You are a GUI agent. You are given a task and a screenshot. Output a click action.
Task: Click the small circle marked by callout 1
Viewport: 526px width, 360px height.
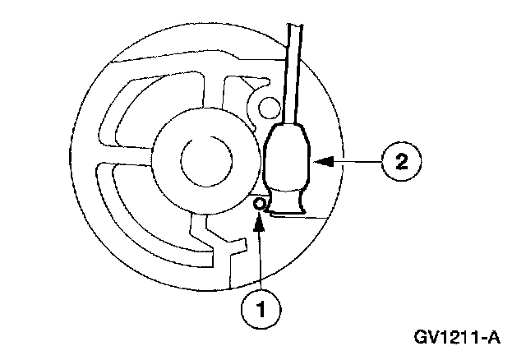pos(259,203)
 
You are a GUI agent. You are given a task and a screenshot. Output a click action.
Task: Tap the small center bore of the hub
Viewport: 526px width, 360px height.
pos(198,157)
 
